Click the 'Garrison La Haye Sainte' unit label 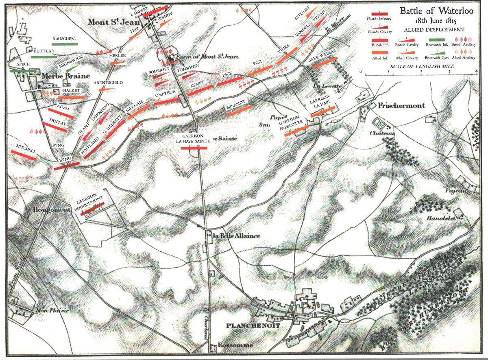(193, 138)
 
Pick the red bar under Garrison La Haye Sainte (194, 148)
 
